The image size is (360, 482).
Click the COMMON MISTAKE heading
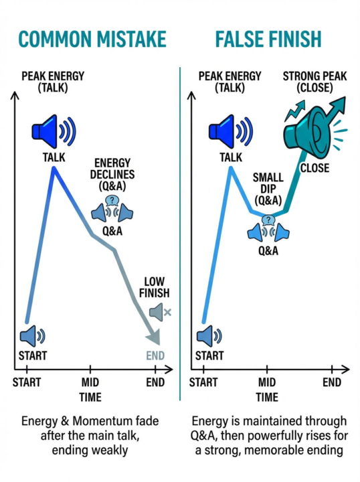point(92,39)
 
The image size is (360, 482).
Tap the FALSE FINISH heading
point(268,39)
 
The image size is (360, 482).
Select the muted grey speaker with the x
point(160,313)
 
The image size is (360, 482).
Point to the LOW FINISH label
point(154,287)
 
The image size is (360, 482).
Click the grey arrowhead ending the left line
point(154,338)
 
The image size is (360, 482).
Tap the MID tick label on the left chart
point(90,382)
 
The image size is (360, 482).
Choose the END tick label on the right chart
point(332,382)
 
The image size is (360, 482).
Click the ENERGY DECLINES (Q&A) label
point(112,174)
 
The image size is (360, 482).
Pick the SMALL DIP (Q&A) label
point(268,189)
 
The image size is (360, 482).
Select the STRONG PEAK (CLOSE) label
point(314,82)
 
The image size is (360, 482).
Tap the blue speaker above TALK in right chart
point(231,131)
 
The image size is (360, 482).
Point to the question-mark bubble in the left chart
point(112,201)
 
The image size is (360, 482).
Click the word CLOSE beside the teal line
point(314,168)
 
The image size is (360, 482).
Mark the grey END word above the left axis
point(155,355)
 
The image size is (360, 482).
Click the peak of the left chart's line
point(54,168)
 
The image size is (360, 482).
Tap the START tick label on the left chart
point(26,382)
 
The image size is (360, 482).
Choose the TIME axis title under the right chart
point(267,397)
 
